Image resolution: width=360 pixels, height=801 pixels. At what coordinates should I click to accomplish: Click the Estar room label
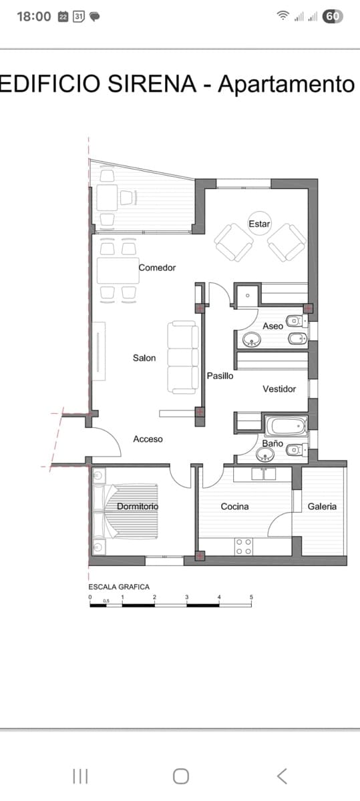(259, 224)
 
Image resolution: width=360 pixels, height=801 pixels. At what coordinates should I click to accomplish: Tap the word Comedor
(157, 268)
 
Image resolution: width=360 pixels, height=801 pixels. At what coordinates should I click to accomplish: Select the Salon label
(144, 358)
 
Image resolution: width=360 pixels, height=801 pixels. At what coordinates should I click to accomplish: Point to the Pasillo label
(220, 376)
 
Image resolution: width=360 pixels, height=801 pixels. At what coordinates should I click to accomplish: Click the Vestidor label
(279, 389)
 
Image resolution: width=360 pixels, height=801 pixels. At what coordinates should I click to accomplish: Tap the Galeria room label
(322, 507)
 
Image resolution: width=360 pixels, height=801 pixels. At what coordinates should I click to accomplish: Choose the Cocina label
(234, 507)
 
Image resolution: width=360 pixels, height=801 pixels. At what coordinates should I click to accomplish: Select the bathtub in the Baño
(286, 425)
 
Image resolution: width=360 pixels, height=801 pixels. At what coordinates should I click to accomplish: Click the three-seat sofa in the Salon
(182, 356)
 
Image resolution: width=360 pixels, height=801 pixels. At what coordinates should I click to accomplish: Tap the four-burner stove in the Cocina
(244, 547)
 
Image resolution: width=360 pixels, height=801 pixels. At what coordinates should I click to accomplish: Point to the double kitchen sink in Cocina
(264, 474)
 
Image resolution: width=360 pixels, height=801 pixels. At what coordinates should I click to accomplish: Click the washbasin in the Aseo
(252, 340)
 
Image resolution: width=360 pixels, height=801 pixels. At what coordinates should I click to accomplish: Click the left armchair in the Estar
(233, 242)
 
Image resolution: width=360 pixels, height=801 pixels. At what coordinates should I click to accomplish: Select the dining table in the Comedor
(117, 271)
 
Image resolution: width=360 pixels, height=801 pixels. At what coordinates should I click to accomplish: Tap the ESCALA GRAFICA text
(119, 587)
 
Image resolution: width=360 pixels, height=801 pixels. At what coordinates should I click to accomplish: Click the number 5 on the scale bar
(252, 597)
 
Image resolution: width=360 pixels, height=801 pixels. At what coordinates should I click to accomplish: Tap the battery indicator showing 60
(333, 16)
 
